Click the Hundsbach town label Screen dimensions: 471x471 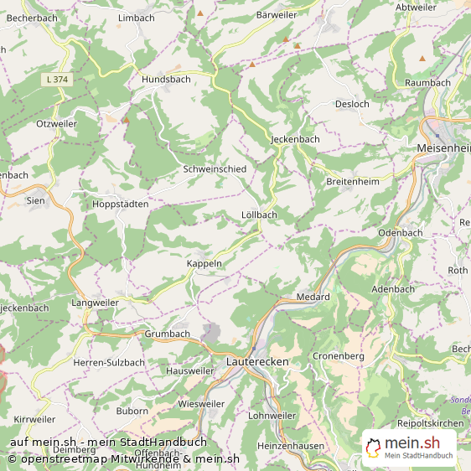coord(166,79)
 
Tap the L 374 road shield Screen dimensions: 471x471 coord(57,79)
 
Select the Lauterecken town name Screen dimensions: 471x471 coord(257,361)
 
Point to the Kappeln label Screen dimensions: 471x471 coord(204,263)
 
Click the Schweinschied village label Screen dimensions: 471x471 coord(215,169)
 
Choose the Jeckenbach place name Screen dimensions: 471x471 coord(296,139)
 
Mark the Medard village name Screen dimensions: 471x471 coord(313,298)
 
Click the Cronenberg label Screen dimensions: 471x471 coord(338,356)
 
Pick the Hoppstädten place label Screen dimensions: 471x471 coord(120,204)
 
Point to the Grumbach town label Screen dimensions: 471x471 coord(167,334)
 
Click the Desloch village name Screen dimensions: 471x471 coord(352,104)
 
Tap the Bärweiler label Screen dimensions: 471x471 coord(277,15)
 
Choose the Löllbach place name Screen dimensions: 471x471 coord(258,215)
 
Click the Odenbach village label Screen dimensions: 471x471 coord(401,232)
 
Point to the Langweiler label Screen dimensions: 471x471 coord(95,303)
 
